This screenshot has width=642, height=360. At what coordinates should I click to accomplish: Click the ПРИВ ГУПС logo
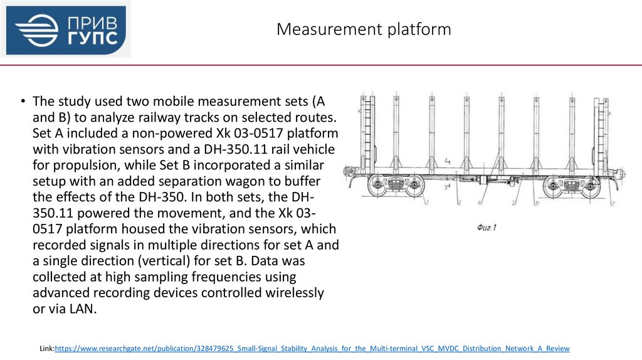(66, 30)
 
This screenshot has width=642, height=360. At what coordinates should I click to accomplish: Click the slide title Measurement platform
(364, 29)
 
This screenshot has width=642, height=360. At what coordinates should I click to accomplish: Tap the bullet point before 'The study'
(22, 102)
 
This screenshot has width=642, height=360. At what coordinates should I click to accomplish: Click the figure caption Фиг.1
(486, 228)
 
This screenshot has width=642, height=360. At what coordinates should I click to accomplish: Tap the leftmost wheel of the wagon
(377, 186)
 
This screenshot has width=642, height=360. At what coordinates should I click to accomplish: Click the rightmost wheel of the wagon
(591, 186)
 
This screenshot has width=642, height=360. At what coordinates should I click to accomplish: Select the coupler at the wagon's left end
(349, 171)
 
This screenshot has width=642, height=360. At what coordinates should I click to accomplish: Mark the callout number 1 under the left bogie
(426, 202)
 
